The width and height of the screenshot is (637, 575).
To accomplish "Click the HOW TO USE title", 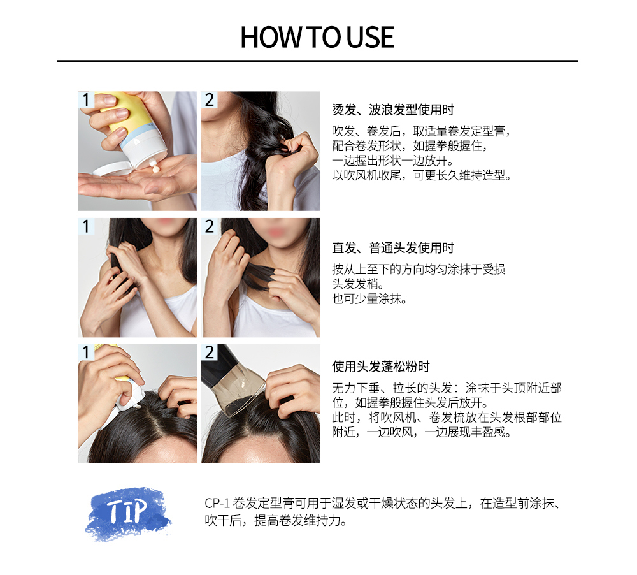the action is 317,38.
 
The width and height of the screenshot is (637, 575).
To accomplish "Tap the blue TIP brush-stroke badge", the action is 128,514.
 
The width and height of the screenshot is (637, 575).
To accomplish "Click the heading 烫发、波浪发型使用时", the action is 393,110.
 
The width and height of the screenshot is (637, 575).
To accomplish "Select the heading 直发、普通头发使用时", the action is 393,247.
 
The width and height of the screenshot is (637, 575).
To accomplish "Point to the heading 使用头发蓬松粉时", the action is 381,367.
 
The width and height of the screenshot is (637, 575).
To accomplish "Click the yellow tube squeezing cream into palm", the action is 130,126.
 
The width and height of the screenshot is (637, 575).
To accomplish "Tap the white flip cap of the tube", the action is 110,168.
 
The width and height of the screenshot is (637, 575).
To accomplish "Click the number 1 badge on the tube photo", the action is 86,99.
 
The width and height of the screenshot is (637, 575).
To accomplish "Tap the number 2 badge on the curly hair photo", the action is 209,99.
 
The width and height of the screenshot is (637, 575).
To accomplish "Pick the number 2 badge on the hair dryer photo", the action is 209,352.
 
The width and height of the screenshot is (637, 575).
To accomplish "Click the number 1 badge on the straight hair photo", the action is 86,226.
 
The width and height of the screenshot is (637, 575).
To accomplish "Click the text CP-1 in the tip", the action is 217,504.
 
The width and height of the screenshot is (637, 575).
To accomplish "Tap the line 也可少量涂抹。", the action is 369,299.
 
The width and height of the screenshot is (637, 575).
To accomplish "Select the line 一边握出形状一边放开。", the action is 392,161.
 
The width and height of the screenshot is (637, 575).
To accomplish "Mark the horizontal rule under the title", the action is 318,61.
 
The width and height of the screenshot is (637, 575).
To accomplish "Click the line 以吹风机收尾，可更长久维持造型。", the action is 421,175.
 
